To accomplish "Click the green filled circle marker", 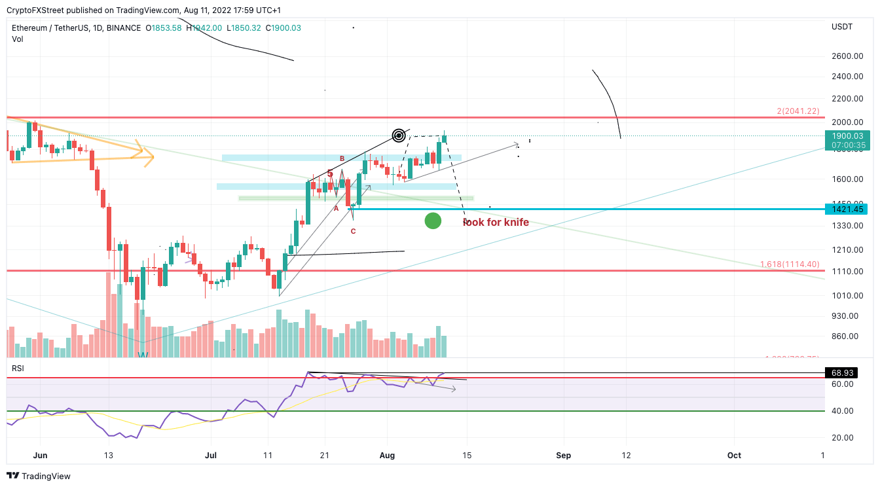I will click(x=433, y=221).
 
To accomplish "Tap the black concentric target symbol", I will click(x=399, y=135).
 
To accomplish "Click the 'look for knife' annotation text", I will click(x=496, y=223).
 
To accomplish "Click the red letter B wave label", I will click(x=342, y=158).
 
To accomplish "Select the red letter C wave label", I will click(x=353, y=231).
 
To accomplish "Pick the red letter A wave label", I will click(x=336, y=208).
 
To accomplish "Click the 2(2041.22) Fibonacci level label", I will click(x=798, y=111).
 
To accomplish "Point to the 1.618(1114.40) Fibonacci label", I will click(x=790, y=264).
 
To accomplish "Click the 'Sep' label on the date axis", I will click(x=563, y=456).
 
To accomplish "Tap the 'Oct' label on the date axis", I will click(x=734, y=456).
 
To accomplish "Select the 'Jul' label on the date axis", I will click(x=211, y=456).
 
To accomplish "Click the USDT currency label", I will click(x=841, y=27).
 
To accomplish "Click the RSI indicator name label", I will click(x=18, y=369).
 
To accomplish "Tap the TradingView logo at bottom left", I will click(x=39, y=476).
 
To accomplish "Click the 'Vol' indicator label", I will click(x=17, y=39).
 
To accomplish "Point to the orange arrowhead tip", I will click(x=153, y=156).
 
